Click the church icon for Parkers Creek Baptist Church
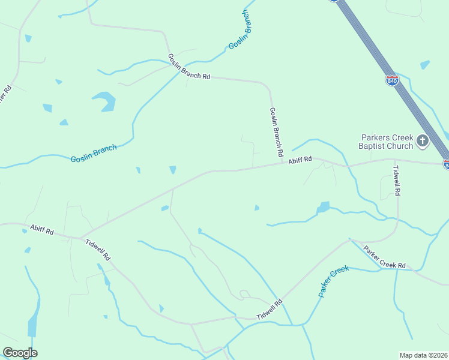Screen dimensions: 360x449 (423, 141)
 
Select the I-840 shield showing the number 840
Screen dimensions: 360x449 (392, 80)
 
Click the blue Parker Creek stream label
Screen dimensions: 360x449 (334, 282)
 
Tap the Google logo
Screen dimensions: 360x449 (20, 353)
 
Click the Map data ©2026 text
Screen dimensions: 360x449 (423, 355)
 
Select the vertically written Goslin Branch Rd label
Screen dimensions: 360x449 (276, 133)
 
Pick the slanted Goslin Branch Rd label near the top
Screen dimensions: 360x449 (189, 67)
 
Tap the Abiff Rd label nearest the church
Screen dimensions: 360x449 (300, 160)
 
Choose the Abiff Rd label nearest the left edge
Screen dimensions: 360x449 (42, 229)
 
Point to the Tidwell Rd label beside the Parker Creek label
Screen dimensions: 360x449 (270, 310)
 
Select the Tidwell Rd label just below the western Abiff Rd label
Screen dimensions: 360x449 (98, 250)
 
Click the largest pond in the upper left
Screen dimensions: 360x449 (104, 101)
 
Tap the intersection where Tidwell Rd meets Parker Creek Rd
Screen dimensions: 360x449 (350, 239)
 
